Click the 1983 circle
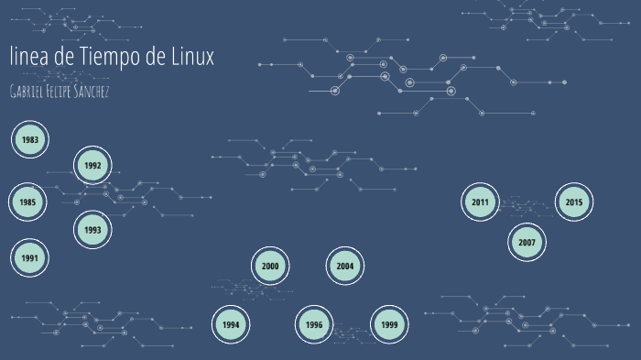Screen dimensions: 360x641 click(30, 140)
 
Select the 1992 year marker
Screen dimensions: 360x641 click(92, 166)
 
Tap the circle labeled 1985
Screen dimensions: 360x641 click(28, 202)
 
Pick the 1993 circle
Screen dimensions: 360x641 click(92, 230)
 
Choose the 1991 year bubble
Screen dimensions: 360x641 click(30, 258)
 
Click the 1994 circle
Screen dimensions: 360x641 click(231, 324)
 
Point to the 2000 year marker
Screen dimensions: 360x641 click(270, 267)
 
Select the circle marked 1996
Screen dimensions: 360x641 click(314, 324)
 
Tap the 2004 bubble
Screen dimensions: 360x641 click(344, 267)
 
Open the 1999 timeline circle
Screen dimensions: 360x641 click(389, 324)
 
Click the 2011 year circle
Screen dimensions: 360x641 click(480, 202)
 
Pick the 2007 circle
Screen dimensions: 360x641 click(527, 243)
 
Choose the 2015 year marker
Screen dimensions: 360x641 click(574, 202)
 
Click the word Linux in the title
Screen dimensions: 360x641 click(192, 57)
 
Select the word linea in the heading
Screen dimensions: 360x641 click(28, 57)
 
